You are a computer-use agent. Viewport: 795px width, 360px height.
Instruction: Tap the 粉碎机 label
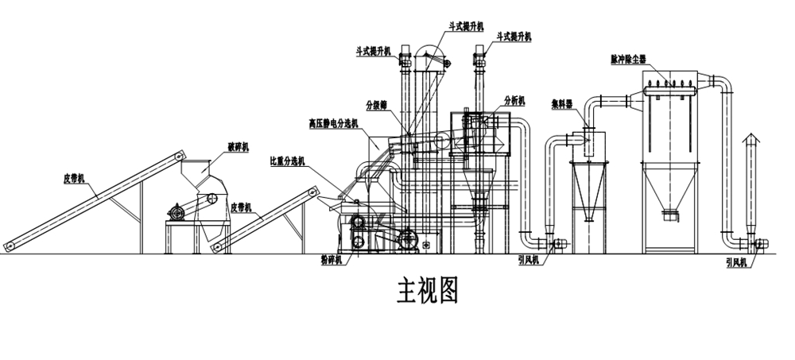pos(328,259)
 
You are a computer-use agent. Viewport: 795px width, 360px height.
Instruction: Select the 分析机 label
pos(515,101)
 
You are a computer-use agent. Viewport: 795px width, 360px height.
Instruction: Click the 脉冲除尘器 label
pos(629,58)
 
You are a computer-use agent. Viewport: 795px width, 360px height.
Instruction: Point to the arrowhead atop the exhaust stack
pos(747,140)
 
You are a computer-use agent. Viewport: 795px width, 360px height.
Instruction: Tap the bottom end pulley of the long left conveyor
pos(10,245)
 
